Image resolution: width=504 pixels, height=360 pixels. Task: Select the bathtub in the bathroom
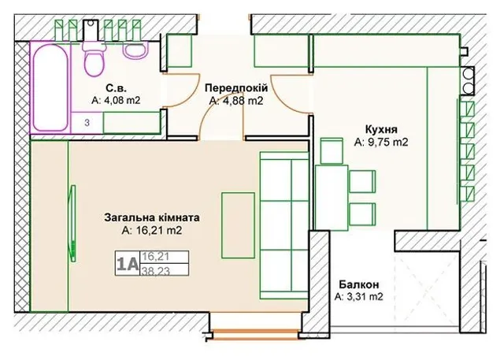coord(50,87)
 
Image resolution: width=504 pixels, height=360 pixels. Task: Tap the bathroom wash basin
coord(136,50)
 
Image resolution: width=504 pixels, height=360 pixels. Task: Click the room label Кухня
coord(381,129)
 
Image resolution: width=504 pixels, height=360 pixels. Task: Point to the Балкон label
coord(359,284)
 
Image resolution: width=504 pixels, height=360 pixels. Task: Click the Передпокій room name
coord(236,87)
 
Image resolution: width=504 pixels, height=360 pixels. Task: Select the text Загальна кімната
coord(152,217)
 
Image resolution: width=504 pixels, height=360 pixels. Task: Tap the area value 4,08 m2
coord(116,100)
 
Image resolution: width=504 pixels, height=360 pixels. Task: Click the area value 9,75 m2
coord(381,142)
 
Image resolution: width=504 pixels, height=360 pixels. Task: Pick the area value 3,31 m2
coord(359,297)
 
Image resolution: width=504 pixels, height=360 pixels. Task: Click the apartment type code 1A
coord(128,264)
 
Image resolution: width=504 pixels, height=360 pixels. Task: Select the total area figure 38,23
coord(156,271)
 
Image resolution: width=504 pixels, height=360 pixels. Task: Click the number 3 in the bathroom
coord(87,122)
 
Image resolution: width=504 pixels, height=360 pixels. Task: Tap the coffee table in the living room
coord(238,225)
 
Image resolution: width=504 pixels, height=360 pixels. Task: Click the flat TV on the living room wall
coord(73,224)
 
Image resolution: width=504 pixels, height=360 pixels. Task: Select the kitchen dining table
coord(332,198)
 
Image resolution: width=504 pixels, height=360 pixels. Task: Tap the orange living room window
coord(255,334)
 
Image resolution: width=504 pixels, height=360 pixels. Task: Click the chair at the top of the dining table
coord(332,150)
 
